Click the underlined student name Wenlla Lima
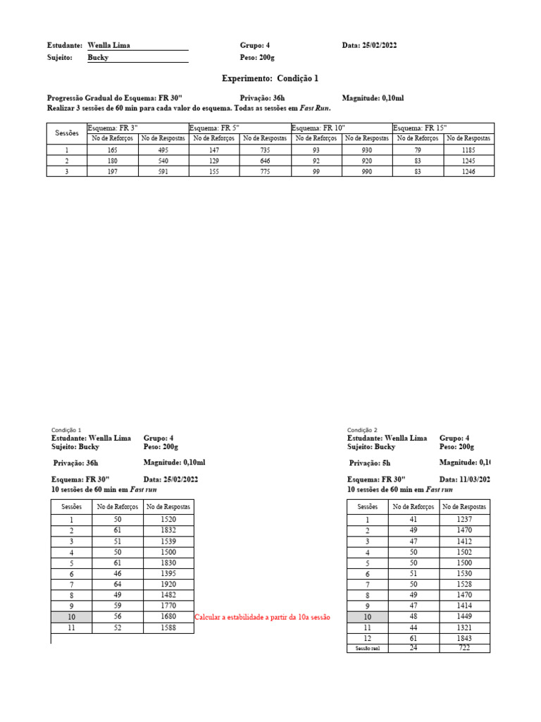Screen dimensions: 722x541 [x=108, y=45]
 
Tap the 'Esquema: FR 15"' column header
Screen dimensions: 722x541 [x=421, y=128]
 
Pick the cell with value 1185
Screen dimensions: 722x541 [x=468, y=150]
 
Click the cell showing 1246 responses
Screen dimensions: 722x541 [x=468, y=171]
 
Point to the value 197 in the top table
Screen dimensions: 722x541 [x=113, y=171]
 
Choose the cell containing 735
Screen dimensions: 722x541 [x=265, y=150]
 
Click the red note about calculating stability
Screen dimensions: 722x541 [x=262, y=617]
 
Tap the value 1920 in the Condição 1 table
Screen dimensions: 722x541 [x=168, y=585]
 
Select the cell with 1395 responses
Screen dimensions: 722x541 [x=168, y=574]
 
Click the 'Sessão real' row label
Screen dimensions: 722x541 [x=367, y=649]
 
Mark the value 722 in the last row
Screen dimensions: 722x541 [x=464, y=648]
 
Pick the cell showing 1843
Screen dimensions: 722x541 [x=464, y=638]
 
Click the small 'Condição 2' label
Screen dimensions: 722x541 [x=362, y=430]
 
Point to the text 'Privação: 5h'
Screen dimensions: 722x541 [x=371, y=463]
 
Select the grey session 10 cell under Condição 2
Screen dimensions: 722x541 [x=367, y=617]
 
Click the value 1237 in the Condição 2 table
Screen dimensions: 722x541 [x=464, y=520]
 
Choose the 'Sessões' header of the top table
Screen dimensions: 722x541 [x=67, y=133]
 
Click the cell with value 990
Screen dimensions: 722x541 [x=366, y=171]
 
